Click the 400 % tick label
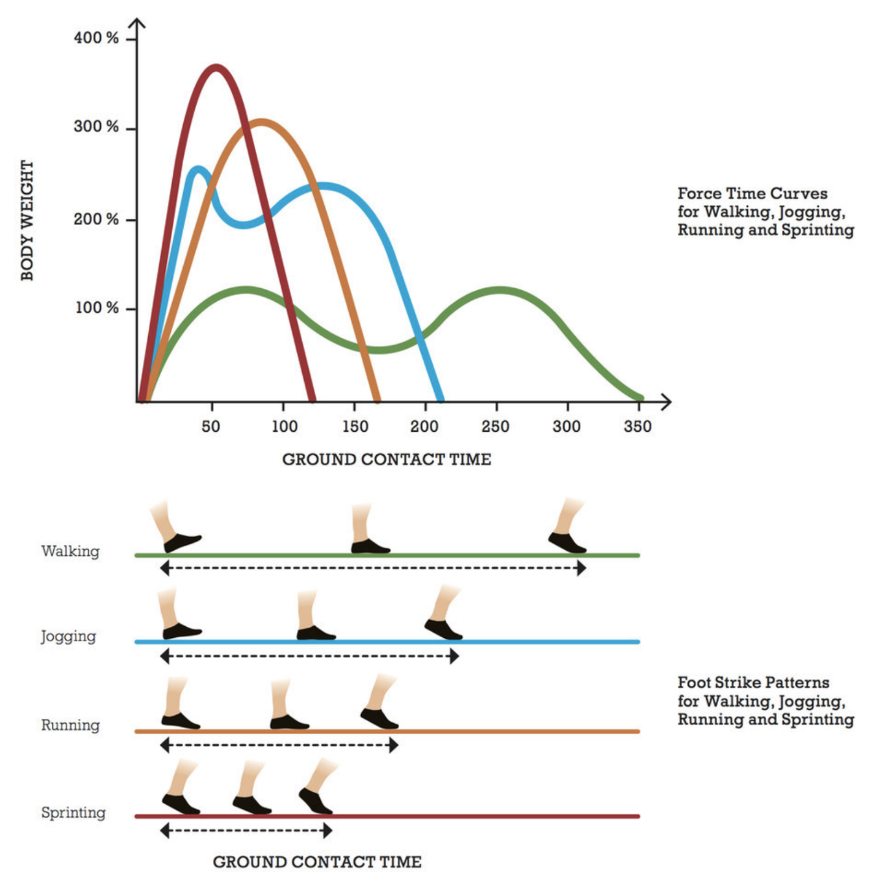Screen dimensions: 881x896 pos(96,38)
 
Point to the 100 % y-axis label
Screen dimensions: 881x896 pos(97,308)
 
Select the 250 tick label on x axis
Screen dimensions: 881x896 pos(495,427)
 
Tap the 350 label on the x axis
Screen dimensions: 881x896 pos(637,427)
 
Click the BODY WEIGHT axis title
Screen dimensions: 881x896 pos(27,220)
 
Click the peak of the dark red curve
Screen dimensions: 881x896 pos(216,67)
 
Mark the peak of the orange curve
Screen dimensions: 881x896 pos(261,122)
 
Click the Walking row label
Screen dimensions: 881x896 pos(71,551)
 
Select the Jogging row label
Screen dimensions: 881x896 pos(69,637)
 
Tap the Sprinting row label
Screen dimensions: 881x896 pos(73,812)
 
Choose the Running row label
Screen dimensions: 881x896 pos(71,725)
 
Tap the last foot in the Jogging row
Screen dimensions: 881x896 pos(443,628)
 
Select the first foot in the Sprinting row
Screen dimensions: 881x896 pos(180,803)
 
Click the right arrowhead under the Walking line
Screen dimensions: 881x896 pos(582,568)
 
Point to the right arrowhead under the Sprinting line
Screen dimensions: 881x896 pos(328,831)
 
